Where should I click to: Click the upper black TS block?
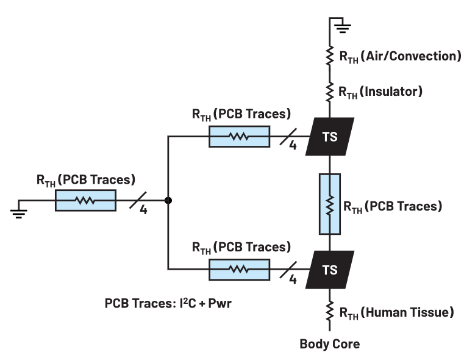(330, 137)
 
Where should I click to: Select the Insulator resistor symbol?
(330, 92)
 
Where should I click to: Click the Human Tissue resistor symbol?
(330, 312)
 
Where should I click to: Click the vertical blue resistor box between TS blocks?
(330, 204)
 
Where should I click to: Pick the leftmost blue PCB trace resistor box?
(85, 200)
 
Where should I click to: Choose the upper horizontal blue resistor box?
(239, 137)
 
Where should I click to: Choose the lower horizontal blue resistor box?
(239, 268)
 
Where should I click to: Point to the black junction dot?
(168, 200)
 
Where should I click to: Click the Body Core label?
(329, 344)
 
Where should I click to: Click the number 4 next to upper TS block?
(293, 146)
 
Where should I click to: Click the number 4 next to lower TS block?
(293, 279)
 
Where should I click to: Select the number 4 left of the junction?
(143, 210)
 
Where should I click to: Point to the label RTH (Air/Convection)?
(399, 57)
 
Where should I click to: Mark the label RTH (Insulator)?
(381, 92)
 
